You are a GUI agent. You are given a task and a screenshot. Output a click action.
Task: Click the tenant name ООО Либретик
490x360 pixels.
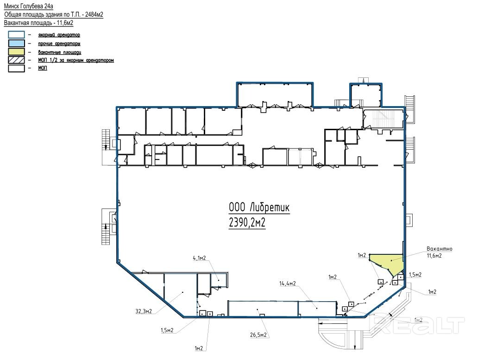(259, 207)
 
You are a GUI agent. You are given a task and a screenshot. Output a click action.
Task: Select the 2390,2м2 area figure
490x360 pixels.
(247, 222)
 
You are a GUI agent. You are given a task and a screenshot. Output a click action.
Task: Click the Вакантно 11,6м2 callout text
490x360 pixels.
(440, 252)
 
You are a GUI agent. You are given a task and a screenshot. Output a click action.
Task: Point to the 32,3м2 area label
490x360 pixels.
(144, 311)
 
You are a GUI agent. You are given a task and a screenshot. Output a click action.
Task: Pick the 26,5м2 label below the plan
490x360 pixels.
(258, 335)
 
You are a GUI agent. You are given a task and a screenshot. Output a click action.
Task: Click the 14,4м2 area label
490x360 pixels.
(288, 284)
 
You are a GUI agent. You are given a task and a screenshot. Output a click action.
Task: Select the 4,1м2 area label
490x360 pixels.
(199, 258)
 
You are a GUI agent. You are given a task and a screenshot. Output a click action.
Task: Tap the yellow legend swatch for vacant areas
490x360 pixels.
(16, 52)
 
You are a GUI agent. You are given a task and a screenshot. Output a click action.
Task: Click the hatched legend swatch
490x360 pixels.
(16, 60)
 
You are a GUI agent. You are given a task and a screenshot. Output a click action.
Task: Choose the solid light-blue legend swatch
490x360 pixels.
(16, 43)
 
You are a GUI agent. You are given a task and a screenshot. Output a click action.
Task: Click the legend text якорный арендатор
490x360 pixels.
(59, 35)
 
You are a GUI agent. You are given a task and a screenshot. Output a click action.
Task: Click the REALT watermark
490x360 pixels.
(417, 325)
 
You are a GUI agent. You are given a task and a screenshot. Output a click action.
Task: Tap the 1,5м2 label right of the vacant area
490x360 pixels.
(415, 275)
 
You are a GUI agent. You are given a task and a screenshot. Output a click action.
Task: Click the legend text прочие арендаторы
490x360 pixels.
(59, 44)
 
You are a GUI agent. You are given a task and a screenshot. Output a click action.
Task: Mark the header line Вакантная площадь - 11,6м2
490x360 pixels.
(38, 23)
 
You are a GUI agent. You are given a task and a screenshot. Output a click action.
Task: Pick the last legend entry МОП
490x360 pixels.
(43, 68)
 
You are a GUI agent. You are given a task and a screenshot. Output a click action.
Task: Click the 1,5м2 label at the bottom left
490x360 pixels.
(167, 330)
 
